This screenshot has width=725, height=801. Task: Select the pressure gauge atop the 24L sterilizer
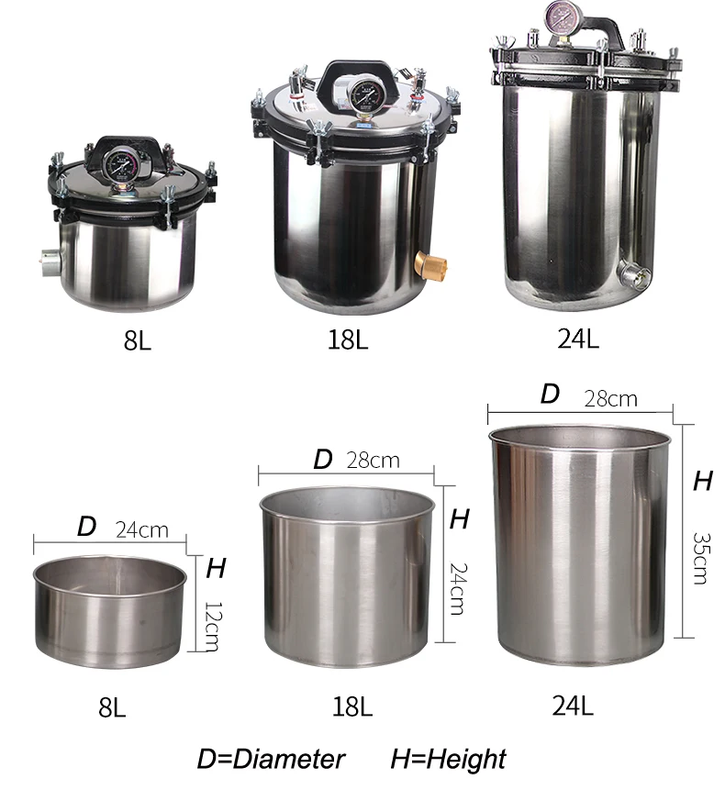click(x=561, y=17)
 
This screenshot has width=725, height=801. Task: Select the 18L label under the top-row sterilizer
click(x=348, y=340)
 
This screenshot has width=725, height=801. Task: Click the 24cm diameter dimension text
click(x=141, y=529)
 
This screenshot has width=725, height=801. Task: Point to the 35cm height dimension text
click(x=700, y=557)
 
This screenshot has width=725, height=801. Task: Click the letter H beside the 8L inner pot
click(x=215, y=568)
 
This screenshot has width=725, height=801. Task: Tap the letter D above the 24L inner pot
click(x=549, y=394)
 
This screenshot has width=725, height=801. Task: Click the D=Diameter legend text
click(x=271, y=759)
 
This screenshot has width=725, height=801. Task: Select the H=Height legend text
click(x=448, y=759)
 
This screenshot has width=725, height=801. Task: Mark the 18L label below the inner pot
click(x=351, y=706)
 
